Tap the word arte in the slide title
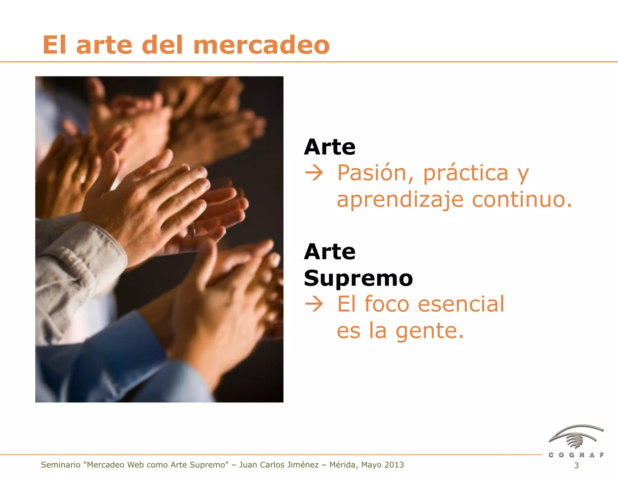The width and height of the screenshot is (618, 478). pyautogui.click(x=104, y=45)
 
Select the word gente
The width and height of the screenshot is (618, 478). pyautogui.click(x=430, y=331)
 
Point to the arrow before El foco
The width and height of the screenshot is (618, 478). pyautogui.click(x=314, y=304)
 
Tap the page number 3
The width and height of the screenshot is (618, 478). pyautogui.click(x=576, y=466)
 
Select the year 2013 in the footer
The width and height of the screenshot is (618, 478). pyautogui.click(x=394, y=465)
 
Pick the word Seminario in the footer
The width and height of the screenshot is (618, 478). pyautogui.click(x=61, y=465)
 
